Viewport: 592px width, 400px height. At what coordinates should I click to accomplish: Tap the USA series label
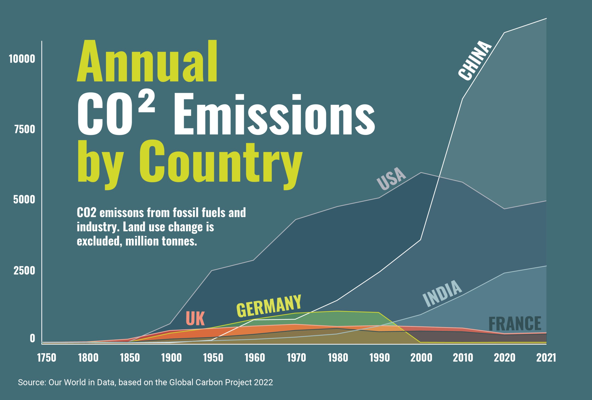391,179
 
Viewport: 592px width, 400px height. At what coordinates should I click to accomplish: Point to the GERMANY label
269,306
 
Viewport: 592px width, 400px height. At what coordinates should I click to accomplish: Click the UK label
195,319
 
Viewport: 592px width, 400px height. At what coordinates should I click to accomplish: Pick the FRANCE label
515,324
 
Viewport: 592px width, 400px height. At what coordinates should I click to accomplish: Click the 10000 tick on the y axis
22,59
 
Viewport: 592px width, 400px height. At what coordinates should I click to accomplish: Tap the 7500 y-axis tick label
25,129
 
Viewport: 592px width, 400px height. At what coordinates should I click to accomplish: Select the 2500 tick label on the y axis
24,271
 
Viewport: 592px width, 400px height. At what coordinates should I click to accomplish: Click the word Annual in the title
147,61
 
